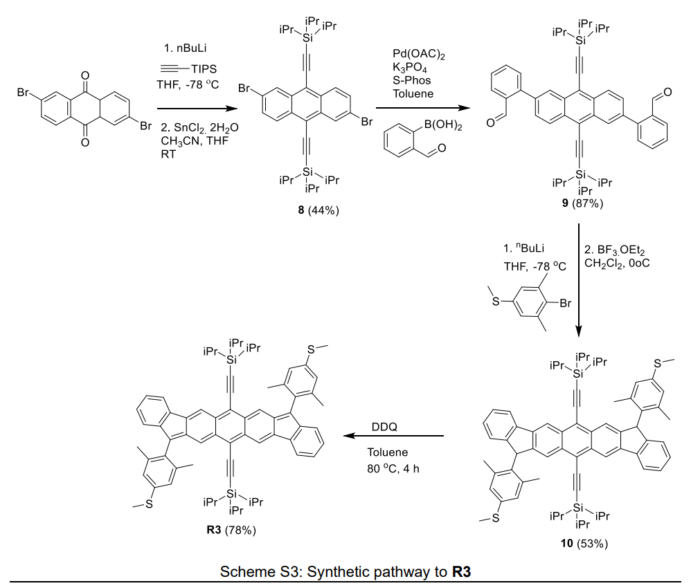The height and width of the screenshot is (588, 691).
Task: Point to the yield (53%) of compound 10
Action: [593, 543]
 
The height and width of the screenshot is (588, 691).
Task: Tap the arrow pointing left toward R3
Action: [394, 437]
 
